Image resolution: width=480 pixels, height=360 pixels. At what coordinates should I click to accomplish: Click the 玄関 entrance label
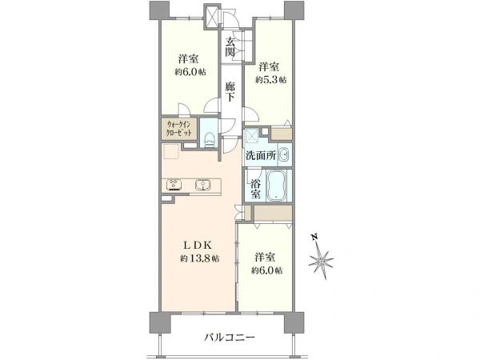(x=231, y=47)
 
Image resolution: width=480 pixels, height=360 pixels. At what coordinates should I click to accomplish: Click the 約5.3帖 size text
(x=270, y=79)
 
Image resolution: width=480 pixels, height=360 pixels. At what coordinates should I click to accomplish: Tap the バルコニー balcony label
(x=229, y=338)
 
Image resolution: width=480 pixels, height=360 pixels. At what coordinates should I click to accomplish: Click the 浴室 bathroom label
(x=255, y=188)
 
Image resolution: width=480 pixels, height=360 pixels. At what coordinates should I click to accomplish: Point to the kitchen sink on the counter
(x=202, y=186)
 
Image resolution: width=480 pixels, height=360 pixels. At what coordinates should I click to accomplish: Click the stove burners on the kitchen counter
(x=174, y=186)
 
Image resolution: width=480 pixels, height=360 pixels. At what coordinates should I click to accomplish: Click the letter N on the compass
(x=315, y=238)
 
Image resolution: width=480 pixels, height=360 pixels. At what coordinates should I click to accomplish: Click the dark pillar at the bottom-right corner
(x=295, y=322)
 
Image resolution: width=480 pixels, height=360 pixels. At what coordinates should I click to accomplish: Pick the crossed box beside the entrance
(x=213, y=15)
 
